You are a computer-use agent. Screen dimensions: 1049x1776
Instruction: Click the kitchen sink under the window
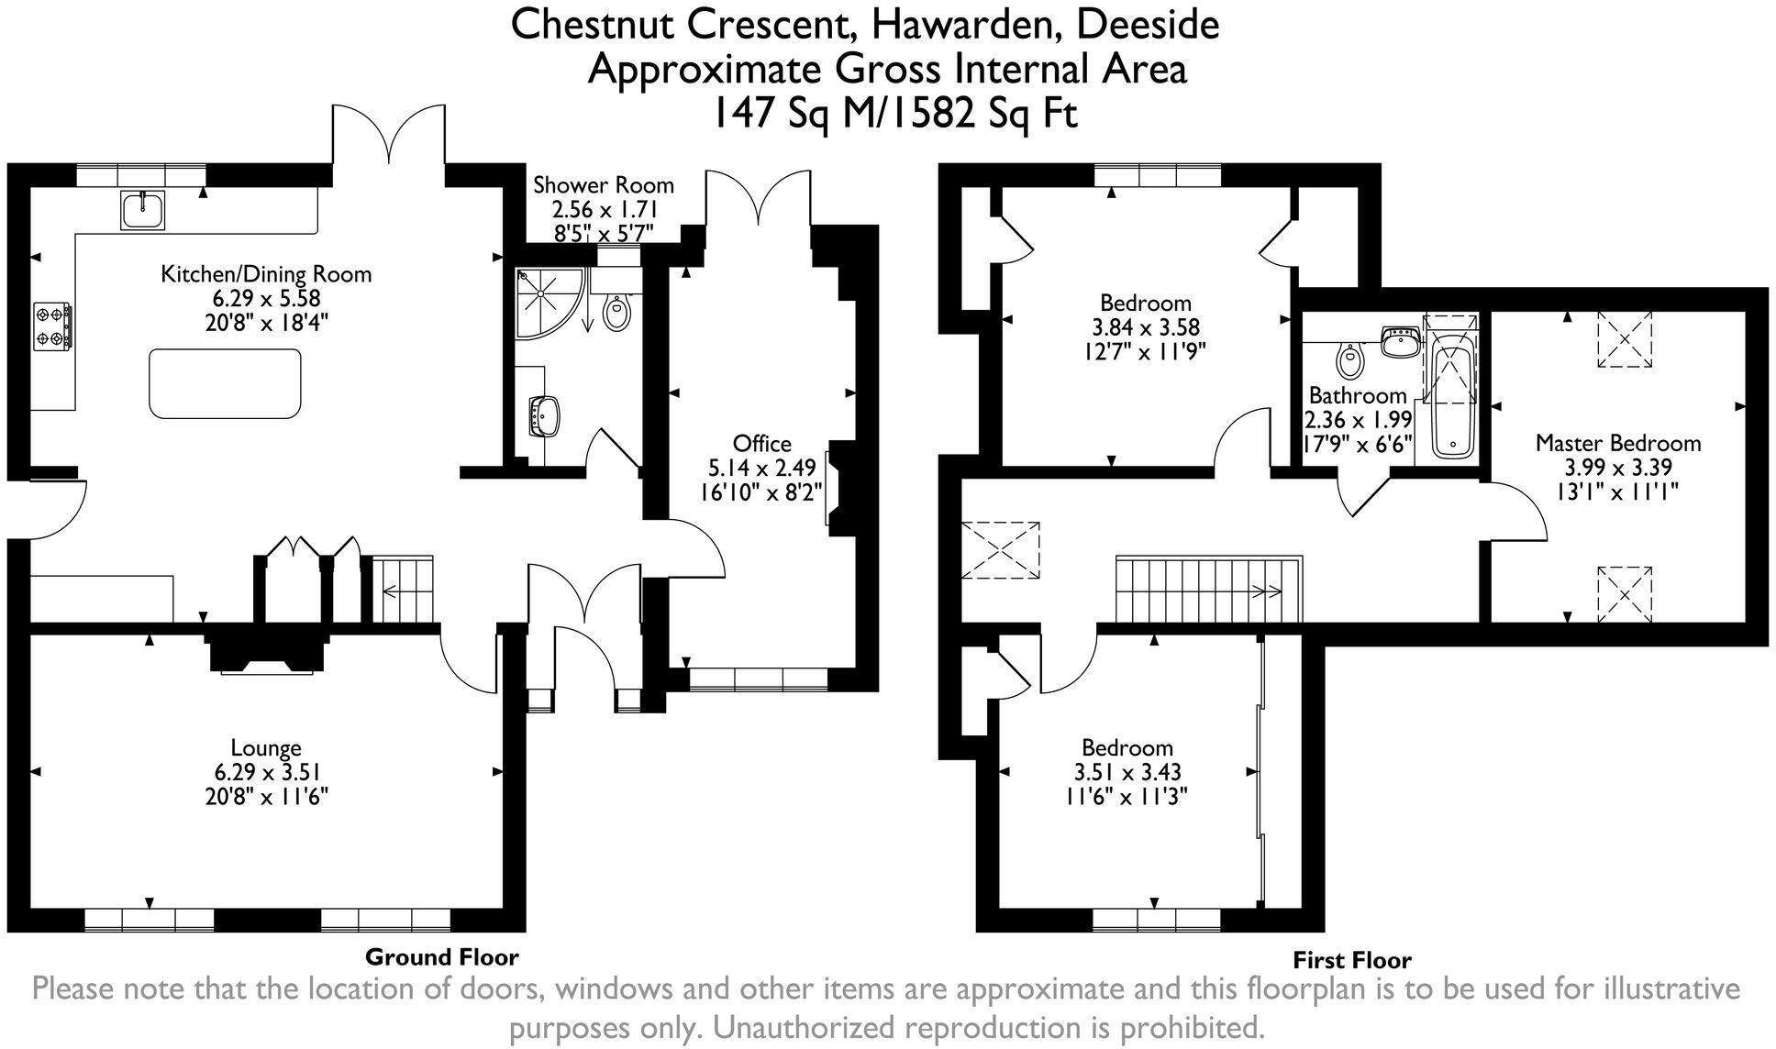[x=142, y=210]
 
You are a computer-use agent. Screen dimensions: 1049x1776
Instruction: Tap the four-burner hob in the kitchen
[x=53, y=326]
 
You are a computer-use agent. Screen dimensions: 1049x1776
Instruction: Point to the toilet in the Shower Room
[x=617, y=313]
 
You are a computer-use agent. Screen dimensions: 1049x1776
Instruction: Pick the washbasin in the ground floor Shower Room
[x=547, y=417]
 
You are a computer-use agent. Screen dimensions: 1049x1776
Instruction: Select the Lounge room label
[x=266, y=747]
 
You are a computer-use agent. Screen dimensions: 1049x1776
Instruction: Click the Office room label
[x=761, y=444]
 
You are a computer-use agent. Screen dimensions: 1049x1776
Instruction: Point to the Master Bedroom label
[x=1617, y=444]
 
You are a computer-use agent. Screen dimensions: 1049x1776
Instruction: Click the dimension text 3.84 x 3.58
[x=1146, y=326]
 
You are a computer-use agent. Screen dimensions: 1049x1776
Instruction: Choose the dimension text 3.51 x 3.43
[x=1127, y=772]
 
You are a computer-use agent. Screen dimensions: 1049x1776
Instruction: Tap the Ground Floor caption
[x=441, y=957]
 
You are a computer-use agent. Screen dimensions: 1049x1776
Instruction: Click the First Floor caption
[x=1351, y=960]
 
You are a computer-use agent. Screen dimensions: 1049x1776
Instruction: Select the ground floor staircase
[x=402, y=590]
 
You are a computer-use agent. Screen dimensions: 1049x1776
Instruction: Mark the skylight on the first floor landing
[x=1001, y=550]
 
